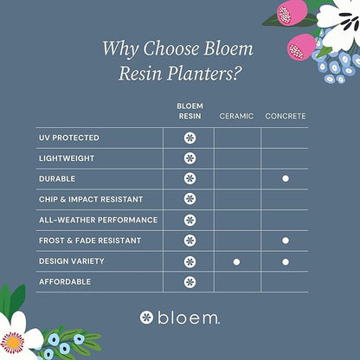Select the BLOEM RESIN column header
click(x=190, y=110)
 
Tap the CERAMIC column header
click(x=236, y=115)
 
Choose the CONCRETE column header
click(x=285, y=115)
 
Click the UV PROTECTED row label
click(x=69, y=138)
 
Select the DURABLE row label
click(x=57, y=178)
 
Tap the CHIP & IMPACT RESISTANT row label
click(x=89, y=199)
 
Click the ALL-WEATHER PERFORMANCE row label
click(x=98, y=220)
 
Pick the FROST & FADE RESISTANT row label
click(x=89, y=241)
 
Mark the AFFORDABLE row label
click(x=64, y=281)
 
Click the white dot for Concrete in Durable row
click(x=285, y=178)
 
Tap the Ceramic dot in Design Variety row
click(x=236, y=260)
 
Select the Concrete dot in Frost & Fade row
click(x=285, y=241)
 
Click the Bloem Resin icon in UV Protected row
click(x=190, y=138)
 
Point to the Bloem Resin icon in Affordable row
click(x=190, y=281)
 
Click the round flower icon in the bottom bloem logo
click(x=146, y=318)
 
